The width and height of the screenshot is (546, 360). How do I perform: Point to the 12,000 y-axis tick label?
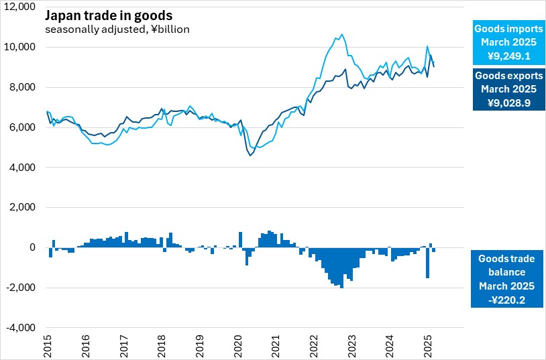[21, 7]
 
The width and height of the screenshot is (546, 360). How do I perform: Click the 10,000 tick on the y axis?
[21, 47]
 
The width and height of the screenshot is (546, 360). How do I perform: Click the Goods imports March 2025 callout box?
[506, 44]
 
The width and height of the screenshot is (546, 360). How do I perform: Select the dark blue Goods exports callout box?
[506, 90]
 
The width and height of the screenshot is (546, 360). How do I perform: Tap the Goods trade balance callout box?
[506, 278]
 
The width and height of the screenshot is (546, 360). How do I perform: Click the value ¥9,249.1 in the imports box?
[506, 56]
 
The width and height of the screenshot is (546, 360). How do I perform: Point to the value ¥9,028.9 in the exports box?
[506, 103]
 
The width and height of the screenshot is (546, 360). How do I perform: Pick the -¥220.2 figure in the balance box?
[506, 298]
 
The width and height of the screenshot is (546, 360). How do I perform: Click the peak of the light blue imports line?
[342, 34]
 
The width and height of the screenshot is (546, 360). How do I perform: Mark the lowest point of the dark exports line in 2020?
[250, 156]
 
